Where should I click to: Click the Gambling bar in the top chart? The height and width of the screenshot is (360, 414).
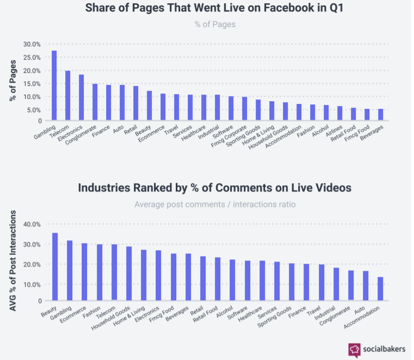(54, 85)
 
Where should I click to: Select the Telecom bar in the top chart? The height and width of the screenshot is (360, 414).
(67, 96)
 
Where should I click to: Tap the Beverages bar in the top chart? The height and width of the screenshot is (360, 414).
(380, 115)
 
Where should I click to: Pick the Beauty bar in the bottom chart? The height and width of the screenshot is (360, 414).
(54, 266)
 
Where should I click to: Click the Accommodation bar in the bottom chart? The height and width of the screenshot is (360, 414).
(380, 289)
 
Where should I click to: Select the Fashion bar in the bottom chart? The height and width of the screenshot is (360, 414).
(99, 272)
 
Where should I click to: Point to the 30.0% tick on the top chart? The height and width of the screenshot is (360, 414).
(32, 44)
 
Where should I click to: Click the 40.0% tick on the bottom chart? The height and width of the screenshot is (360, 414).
(32, 224)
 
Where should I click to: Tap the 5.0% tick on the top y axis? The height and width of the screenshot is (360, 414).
(34, 109)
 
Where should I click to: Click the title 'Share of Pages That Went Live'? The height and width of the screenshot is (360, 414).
(215, 9)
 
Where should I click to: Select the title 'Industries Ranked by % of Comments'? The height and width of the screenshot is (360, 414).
(215, 188)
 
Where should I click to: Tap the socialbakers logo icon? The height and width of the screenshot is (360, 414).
(354, 349)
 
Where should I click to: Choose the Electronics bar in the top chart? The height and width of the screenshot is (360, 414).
(81, 97)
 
